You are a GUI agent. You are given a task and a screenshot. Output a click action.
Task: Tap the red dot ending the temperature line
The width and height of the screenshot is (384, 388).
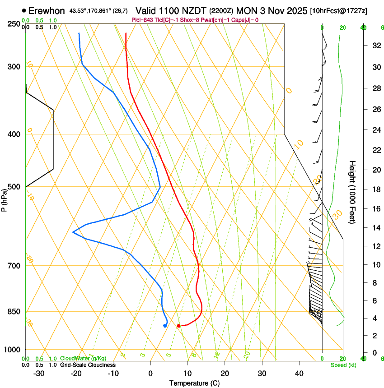click(179, 326)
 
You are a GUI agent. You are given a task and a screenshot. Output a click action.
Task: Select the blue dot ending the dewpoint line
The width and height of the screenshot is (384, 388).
click(165, 326)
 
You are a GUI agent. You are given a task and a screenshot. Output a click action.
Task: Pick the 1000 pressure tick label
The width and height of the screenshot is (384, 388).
click(13, 350)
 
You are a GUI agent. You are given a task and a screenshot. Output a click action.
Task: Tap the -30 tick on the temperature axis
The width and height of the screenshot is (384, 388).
click(39, 374)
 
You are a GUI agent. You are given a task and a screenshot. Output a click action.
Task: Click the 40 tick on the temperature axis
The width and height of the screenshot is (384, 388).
click(299, 374)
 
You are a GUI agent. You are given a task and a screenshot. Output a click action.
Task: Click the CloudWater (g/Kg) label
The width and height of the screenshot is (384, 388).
click(83, 358)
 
